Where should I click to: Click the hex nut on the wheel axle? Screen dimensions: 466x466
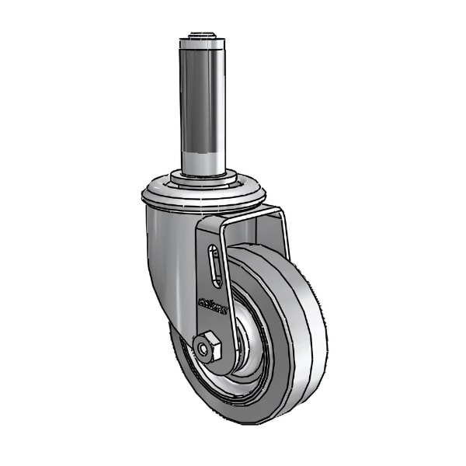[x=207, y=348]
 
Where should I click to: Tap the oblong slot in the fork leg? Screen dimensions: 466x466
[x=215, y=266]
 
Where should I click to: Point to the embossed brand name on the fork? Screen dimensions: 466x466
[x=213, y=304]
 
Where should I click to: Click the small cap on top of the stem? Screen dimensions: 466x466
[x=203, y=37]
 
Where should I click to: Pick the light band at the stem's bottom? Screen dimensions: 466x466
[x=203, y=159]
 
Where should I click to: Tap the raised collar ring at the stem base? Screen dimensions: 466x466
[x=203, y=179]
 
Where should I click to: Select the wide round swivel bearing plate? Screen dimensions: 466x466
[x=203, y=199]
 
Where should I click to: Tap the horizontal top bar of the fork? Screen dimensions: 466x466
[x=249, y=214]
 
